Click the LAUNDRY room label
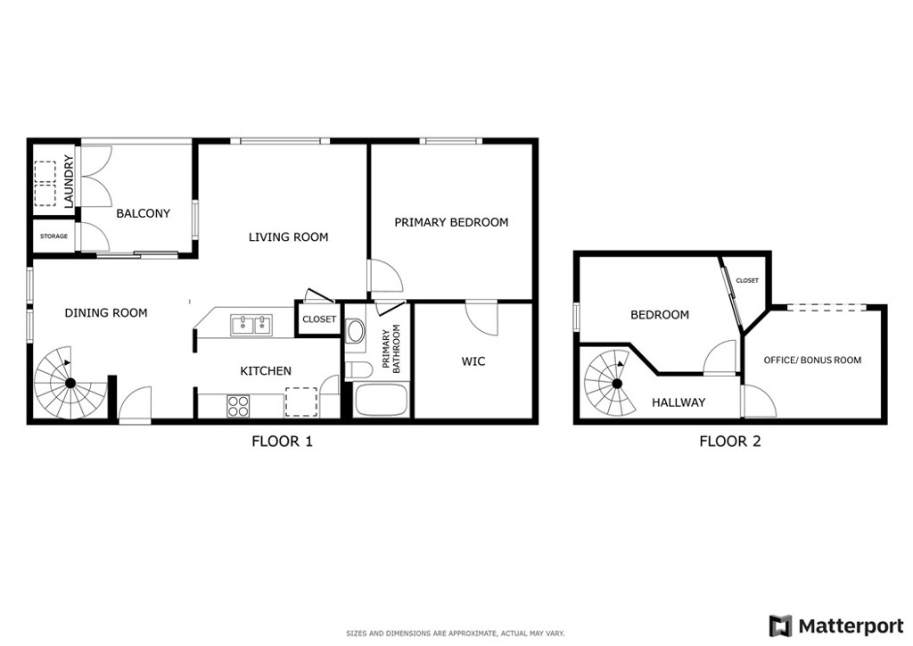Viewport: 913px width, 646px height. point(69,181)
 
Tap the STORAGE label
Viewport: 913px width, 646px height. point(53,236)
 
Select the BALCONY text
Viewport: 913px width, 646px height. point(144,213)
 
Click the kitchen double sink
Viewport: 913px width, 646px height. point(252,325)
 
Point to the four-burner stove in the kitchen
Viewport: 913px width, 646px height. point(237,406)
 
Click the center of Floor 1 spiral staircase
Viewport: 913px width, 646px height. point(70,383)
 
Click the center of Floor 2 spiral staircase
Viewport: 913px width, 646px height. point(617,384)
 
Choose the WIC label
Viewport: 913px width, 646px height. point(473,361)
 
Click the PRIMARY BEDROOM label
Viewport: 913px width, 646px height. point(451,222)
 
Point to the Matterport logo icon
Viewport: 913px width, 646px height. point(781,625)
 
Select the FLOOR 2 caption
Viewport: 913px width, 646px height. point(730,442)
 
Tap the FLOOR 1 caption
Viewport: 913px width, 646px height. point(282,442)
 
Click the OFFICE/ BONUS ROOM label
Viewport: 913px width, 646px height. point(812,360)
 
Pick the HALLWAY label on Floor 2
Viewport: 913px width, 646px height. point(679,402)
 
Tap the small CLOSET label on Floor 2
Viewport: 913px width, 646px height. point(747,280)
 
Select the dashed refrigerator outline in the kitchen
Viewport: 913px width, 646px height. point(301,402)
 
